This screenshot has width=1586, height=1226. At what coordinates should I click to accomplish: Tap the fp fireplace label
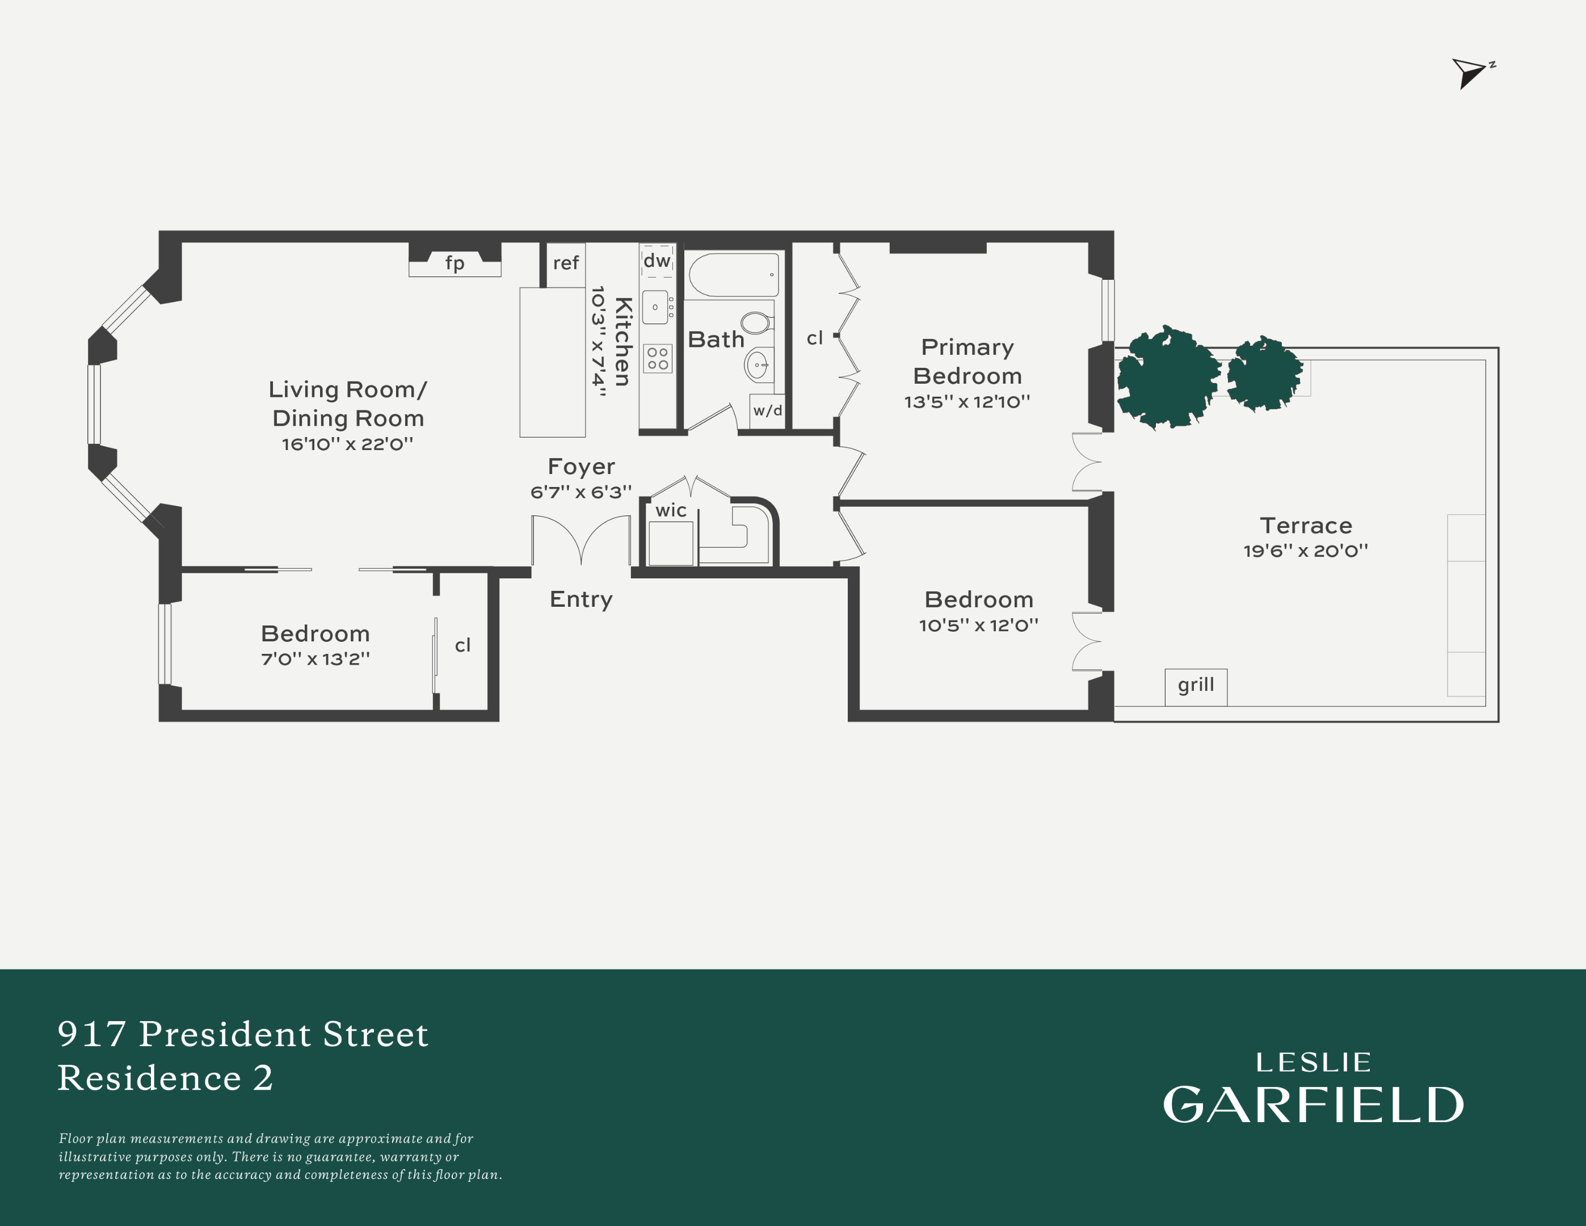[455, 263]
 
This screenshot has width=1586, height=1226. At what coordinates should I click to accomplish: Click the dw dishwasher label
[657, 260]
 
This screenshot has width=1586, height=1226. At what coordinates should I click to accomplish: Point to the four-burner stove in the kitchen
[658, 358]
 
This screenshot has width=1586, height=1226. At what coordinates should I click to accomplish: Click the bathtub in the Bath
[734, 275]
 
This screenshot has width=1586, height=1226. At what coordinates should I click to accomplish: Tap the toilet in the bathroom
[756, 322]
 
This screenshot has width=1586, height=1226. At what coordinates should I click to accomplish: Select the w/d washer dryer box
[767, 411]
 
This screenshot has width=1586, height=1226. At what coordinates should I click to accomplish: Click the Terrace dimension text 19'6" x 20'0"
[1305, 551]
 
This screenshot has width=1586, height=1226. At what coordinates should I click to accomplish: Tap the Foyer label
[581, 467]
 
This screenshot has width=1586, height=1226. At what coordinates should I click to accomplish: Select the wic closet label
[670, 511]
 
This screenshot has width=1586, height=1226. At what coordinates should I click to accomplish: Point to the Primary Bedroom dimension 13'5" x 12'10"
[966, 402]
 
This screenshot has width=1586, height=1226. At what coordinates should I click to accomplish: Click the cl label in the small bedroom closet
[462, 645]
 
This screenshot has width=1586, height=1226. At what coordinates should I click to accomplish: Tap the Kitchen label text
[623, 341]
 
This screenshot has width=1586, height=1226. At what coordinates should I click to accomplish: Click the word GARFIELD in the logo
[1314, 1105]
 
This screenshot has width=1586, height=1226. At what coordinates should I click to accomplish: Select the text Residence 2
[166, 1078]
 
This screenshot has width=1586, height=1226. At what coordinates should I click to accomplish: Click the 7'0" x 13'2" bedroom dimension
[315, 659]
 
